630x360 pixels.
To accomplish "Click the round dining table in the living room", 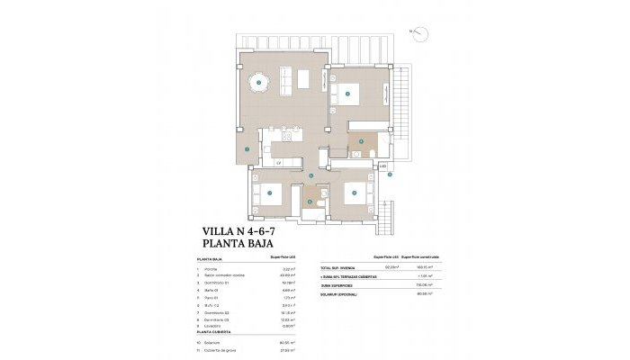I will pos(258,83).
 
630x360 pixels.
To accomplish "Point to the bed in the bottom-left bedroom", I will pos(269,193).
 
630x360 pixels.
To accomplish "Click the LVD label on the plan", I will pos(382,167).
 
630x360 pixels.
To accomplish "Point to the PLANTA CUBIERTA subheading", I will pos(215,334).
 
